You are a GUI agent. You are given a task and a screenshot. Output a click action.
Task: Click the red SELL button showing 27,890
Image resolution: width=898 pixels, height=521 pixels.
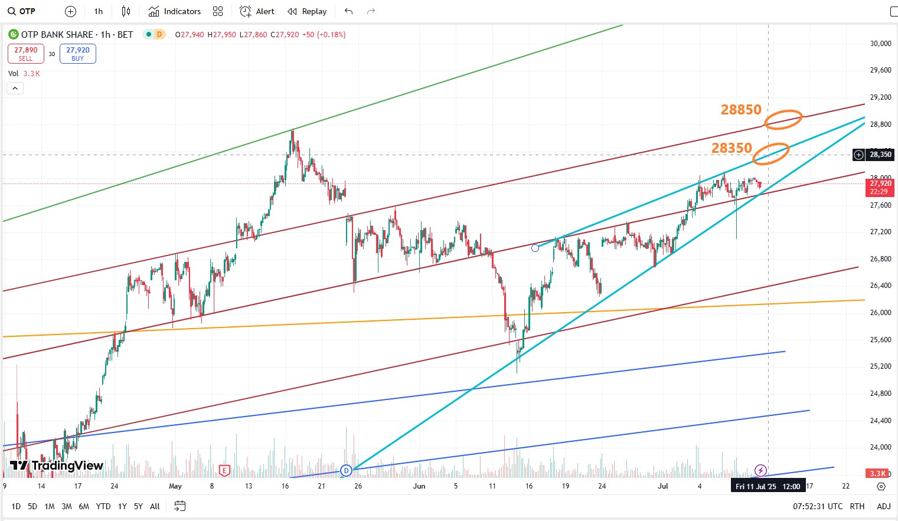pos(26,54)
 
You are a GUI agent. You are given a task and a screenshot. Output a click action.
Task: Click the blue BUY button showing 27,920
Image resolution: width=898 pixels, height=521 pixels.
pos(78,54)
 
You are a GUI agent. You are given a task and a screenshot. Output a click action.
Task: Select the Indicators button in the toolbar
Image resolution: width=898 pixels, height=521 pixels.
pos(175,11)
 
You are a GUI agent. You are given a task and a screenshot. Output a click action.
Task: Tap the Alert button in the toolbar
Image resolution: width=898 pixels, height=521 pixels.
pos(257,11)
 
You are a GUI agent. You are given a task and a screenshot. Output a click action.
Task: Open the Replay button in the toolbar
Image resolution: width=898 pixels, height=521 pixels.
pos(307,11)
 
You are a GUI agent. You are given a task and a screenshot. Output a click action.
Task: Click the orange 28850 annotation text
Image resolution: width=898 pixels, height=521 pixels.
pos(741,110)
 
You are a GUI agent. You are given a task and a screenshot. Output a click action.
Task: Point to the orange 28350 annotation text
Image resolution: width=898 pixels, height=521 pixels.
pos(732,148)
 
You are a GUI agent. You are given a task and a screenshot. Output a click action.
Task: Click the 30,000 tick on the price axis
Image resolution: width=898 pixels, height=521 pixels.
pos(880,43)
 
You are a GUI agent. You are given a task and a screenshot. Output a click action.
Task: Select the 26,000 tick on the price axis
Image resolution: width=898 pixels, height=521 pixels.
pos(880,313)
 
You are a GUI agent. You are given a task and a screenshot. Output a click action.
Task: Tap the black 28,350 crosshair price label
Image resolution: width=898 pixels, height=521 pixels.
pos(880,155)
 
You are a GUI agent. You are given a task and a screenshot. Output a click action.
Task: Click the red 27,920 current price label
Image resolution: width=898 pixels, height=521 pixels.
pos(880,187)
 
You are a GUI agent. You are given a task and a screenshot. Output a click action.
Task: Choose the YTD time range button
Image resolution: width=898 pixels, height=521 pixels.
pos(103,506)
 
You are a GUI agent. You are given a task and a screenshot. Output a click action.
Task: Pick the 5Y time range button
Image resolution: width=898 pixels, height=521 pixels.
pos(138,506)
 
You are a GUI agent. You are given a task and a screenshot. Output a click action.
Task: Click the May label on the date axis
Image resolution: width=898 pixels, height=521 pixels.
pos(175,486)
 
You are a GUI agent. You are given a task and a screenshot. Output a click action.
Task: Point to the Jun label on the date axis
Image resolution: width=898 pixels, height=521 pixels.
pos(419,486)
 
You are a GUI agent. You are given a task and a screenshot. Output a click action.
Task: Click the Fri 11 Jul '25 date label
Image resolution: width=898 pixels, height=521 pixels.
pos(768,486)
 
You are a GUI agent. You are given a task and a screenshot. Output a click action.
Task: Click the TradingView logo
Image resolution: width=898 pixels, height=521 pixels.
pos(57,466)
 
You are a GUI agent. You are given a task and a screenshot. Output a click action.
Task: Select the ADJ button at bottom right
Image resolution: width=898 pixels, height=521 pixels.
pos(883,506)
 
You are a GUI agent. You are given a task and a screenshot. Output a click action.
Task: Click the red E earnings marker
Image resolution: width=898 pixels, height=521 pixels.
pos(224,470)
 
